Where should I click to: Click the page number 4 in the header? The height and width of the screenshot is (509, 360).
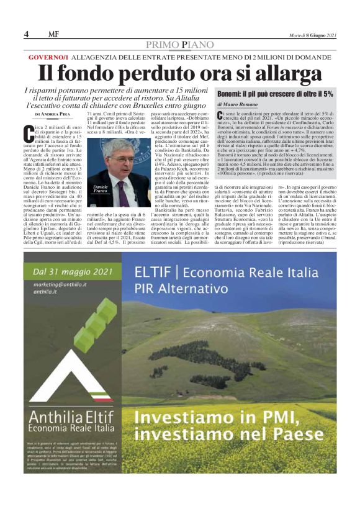[x=27, y=34]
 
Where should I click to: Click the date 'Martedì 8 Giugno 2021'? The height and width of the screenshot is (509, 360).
[x=313, y=35]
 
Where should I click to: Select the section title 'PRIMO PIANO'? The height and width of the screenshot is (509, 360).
[x=180, y=45]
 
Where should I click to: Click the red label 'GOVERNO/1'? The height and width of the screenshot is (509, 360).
[x=48, y=57]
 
